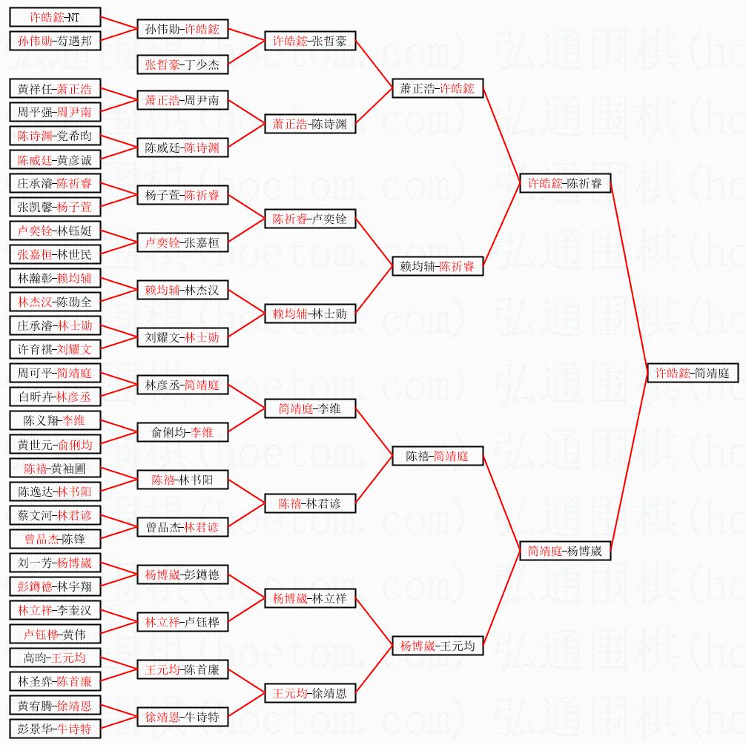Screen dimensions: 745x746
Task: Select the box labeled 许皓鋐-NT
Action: [x=55, y=17]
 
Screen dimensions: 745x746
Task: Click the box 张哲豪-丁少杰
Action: [x=182, y=64]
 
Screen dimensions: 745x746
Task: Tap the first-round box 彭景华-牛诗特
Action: [x=55, y=729]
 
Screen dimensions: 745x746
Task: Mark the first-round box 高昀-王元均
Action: [x=55, y=658]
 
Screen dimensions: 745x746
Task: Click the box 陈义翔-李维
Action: [x=55, y=420]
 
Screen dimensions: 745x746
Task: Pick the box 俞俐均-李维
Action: [x=182, y=432]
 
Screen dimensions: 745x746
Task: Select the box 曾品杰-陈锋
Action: [x=55, y=539]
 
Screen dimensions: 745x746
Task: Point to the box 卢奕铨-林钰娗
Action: [x=55, y=231]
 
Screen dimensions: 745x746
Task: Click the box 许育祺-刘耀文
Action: [x=55, y=349]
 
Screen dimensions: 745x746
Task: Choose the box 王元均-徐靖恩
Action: [x=310, y=693]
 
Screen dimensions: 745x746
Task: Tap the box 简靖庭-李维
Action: [x=310, y=408]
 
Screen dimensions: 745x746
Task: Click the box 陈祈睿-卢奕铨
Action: [x=310, y=219]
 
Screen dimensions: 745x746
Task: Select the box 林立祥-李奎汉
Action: [x=55, y=610]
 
